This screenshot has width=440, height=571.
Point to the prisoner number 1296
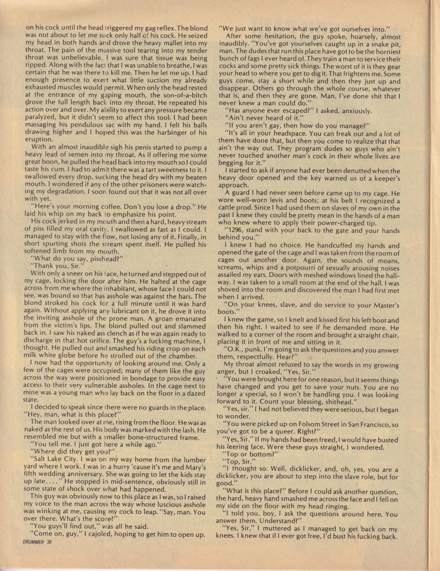coord(233,231)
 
